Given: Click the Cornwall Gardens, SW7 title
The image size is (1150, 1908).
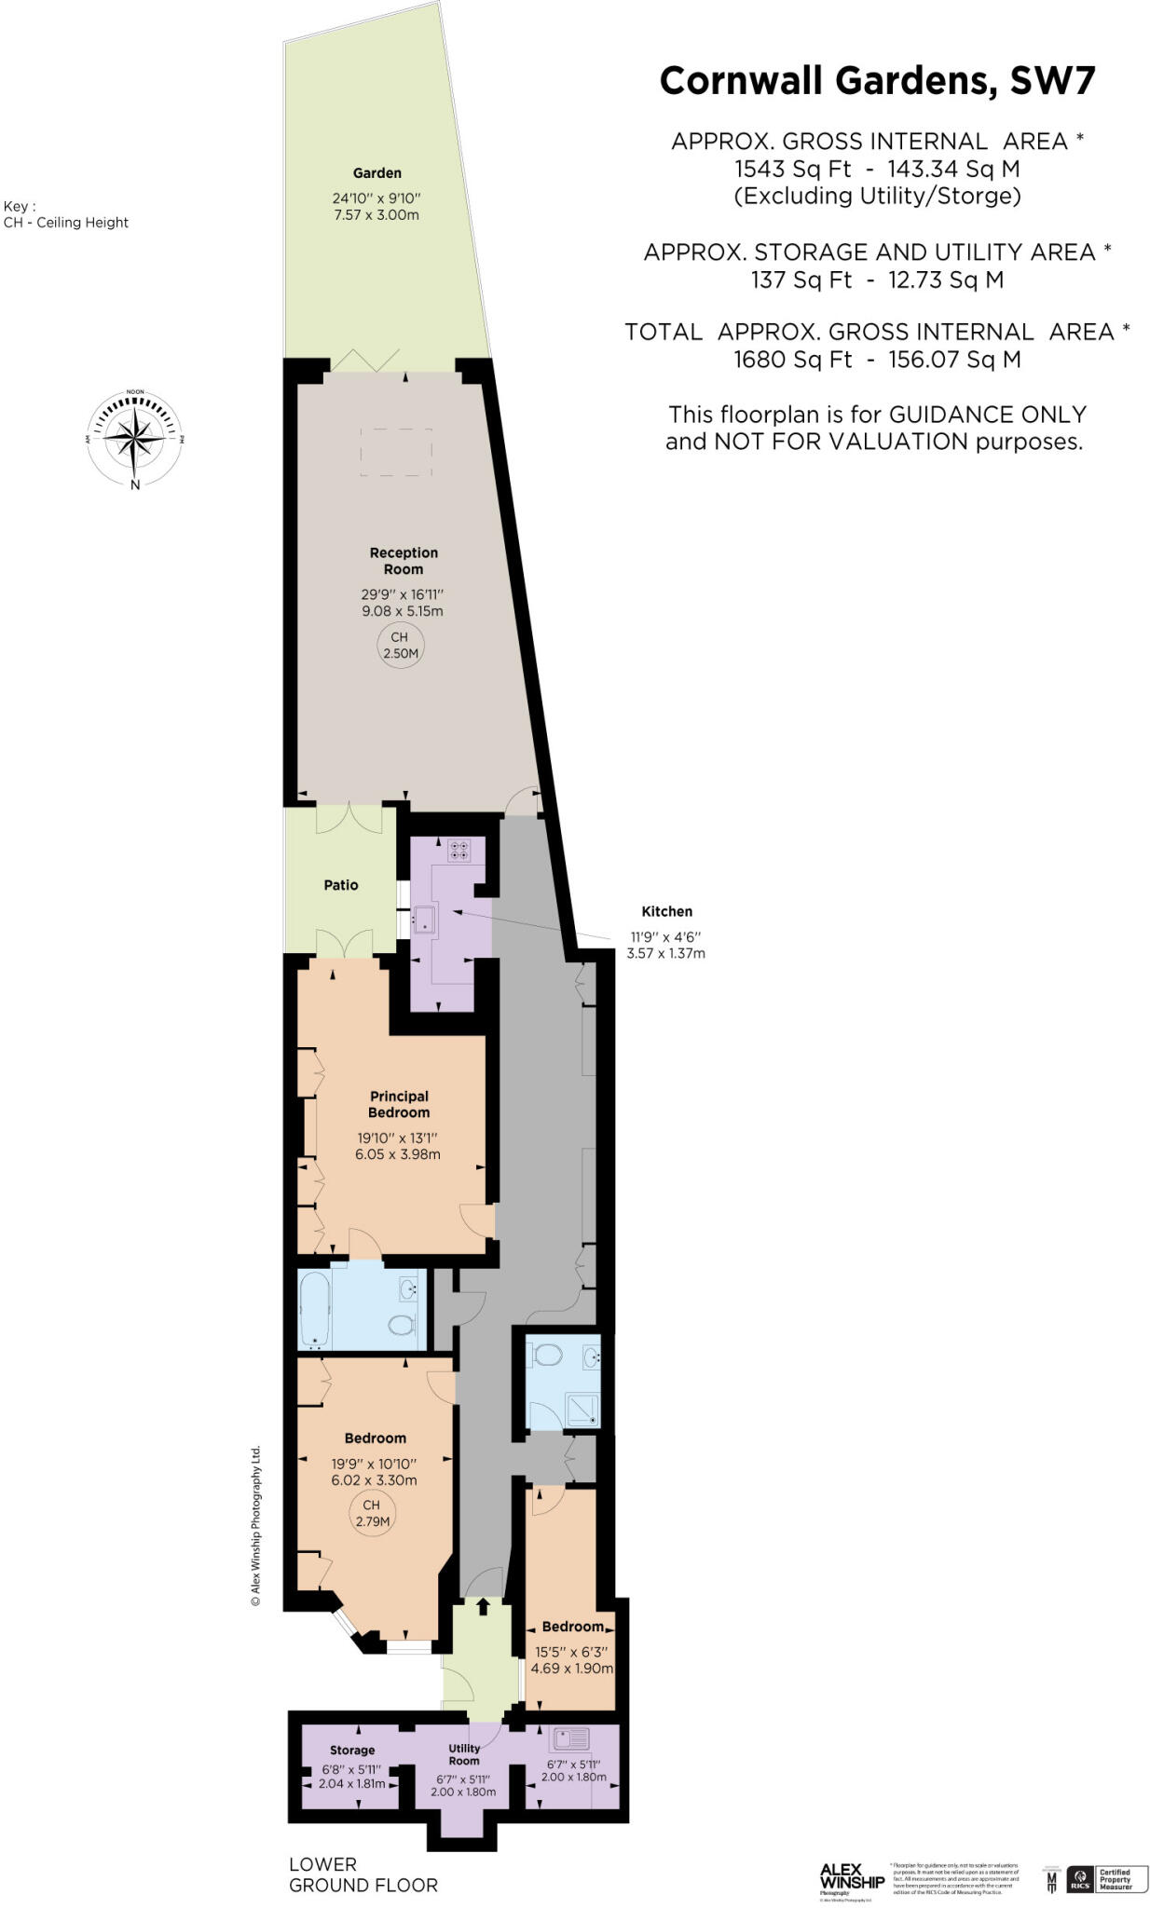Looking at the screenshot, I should pos(876,82).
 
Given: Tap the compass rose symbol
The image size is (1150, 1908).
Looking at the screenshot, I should pos(135,437).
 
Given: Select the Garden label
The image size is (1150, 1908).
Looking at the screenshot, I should pos(376,173).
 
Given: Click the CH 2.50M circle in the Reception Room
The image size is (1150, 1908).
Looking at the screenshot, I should pos(400,645).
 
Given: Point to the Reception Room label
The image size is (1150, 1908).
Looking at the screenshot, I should pos(404,561).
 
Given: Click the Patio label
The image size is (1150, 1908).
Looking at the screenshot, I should pos(341,885).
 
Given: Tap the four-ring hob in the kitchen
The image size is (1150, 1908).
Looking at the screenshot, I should pos(459,850).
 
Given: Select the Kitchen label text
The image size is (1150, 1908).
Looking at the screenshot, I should pos(666,912).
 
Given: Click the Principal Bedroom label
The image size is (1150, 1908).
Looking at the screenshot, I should pos(399,1104).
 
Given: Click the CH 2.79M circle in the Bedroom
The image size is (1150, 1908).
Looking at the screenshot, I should pos(371,1513).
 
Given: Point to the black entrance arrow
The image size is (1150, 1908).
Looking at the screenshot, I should pos(483,1606).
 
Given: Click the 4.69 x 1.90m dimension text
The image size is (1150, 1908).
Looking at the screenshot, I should pos(571,1669).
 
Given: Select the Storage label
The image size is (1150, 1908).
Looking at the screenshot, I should pos(352,1751).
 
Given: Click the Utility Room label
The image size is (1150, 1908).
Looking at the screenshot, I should pos(464,1754).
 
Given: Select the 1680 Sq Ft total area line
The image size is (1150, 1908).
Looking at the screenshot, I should pos(876,360).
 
